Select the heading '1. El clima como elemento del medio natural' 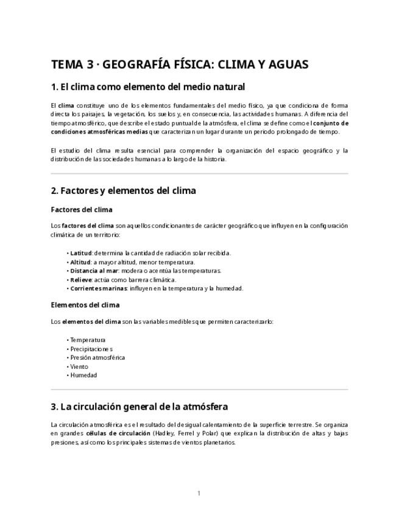pos(147,87)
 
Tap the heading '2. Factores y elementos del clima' pos(123,190)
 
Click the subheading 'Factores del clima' pos(82,210)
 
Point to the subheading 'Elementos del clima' pos(85,305)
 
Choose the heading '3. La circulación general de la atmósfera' pos(139,406)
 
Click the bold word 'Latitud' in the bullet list pos(80,253)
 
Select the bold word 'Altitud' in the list pos(80,262)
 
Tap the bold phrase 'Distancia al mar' pos(93,271)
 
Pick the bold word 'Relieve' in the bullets pos(80,280)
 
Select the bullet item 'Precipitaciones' pos(91,349)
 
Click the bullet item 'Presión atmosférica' pos(97,358)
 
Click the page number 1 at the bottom pos(199,493)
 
